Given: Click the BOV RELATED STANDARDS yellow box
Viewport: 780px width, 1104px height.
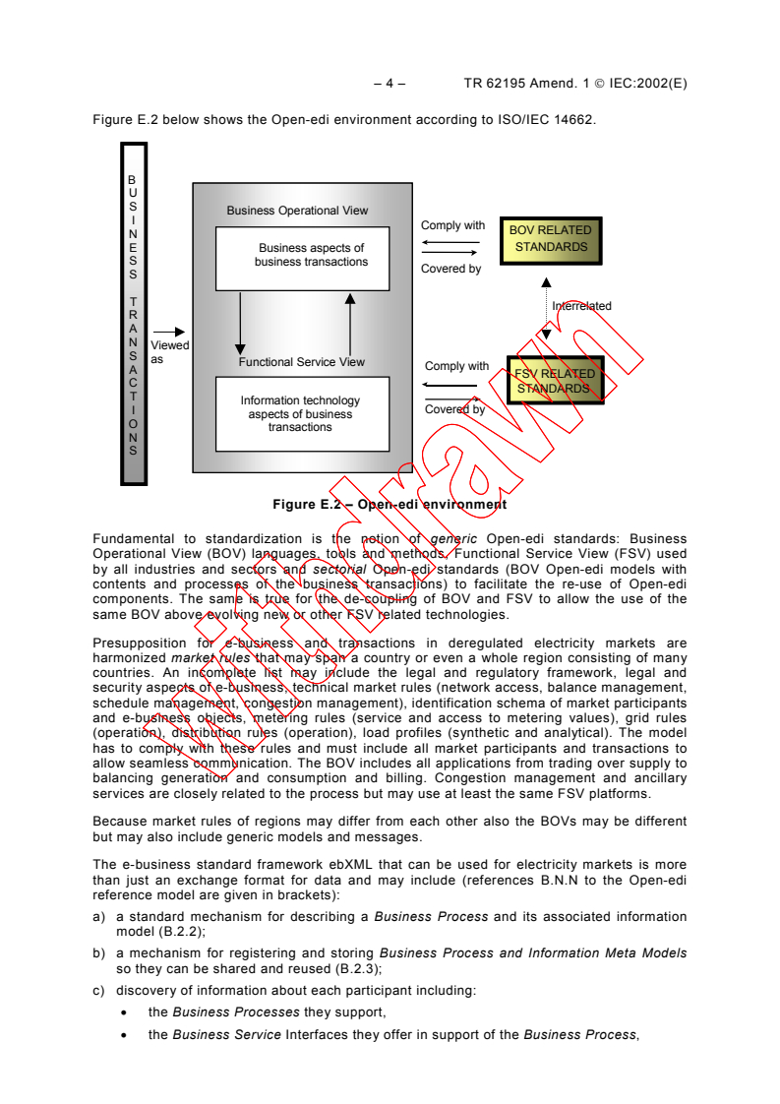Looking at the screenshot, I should [550, 239].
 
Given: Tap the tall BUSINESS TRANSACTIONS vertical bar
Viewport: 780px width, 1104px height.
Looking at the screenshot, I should [133, 314].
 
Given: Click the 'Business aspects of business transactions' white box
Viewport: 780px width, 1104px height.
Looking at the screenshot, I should [302, 257].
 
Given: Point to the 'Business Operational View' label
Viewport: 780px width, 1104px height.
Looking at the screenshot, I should [297, 211].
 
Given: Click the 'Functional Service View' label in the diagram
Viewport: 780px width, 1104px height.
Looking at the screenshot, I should [301, 362].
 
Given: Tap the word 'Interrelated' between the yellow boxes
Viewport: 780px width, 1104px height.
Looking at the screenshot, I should [581, 306].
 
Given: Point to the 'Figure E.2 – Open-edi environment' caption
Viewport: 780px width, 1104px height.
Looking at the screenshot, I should [390, 505].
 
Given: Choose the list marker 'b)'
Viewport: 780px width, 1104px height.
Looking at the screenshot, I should [99, 952].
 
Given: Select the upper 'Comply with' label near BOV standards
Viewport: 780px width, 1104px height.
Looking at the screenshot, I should [452, 226].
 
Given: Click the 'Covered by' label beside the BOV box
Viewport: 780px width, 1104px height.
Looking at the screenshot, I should [450, 269].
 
